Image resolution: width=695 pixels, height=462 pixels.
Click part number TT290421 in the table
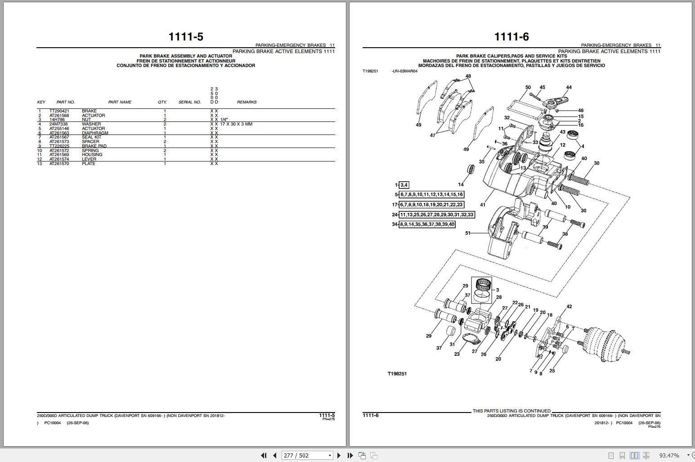59,111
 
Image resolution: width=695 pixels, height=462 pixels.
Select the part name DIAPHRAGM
95,133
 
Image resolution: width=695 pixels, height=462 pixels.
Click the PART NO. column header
65,102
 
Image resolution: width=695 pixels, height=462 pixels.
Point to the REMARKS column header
247,102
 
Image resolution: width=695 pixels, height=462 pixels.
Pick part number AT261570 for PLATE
59,164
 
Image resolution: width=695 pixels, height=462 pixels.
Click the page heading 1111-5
185,36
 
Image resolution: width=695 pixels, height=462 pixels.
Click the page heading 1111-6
511,36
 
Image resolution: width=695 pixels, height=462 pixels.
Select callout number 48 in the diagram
468,76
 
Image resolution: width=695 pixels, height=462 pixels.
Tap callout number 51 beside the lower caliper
468,233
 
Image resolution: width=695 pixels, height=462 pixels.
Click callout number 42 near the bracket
569,306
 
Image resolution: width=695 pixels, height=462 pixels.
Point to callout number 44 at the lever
569,87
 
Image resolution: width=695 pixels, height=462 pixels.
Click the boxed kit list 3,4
404,185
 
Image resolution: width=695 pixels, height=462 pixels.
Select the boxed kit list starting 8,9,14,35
427,224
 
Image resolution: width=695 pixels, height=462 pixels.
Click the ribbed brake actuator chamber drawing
603,345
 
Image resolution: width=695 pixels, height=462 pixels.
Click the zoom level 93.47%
669,455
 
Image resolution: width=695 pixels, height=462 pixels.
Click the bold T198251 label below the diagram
397,374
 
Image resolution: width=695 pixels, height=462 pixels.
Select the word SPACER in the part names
90,142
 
